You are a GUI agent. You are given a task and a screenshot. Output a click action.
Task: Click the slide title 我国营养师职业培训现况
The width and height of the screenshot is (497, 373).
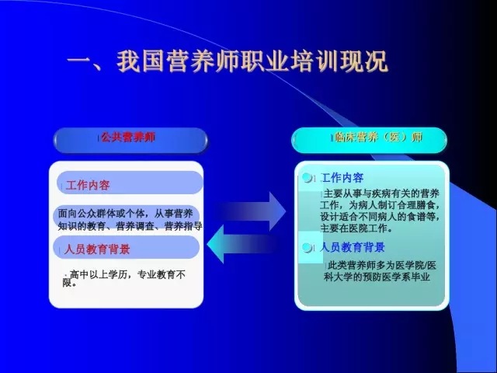tap(252, 61)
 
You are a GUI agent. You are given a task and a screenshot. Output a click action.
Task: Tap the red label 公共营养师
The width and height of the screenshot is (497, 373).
tap(128, 137)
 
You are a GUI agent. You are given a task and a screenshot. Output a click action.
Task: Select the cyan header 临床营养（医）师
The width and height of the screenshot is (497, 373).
tap(379, 138)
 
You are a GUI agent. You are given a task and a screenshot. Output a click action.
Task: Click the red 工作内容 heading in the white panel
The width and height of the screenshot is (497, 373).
tap(88, 185)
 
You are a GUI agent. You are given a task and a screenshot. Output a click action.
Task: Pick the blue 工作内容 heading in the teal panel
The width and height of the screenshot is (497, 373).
tap(342, 178)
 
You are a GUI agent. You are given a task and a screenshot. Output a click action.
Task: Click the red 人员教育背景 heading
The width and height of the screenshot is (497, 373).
tap(97, 249)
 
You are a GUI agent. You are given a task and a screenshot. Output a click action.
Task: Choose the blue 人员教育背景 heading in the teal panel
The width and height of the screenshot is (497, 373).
tap(353, 247)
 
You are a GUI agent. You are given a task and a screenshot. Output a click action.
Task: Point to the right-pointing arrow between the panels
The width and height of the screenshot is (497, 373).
tap(250, 211)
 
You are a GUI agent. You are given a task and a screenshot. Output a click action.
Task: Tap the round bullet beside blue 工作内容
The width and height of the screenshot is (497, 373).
tap(308, 178)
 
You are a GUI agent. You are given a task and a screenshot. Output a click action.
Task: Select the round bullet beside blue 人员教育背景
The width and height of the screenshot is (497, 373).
tap(308, 247)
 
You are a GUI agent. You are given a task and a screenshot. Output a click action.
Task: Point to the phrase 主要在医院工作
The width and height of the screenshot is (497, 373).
tap(353, 228)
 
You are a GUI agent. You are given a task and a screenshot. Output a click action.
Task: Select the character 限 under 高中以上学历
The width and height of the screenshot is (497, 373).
tap(68, 283)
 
